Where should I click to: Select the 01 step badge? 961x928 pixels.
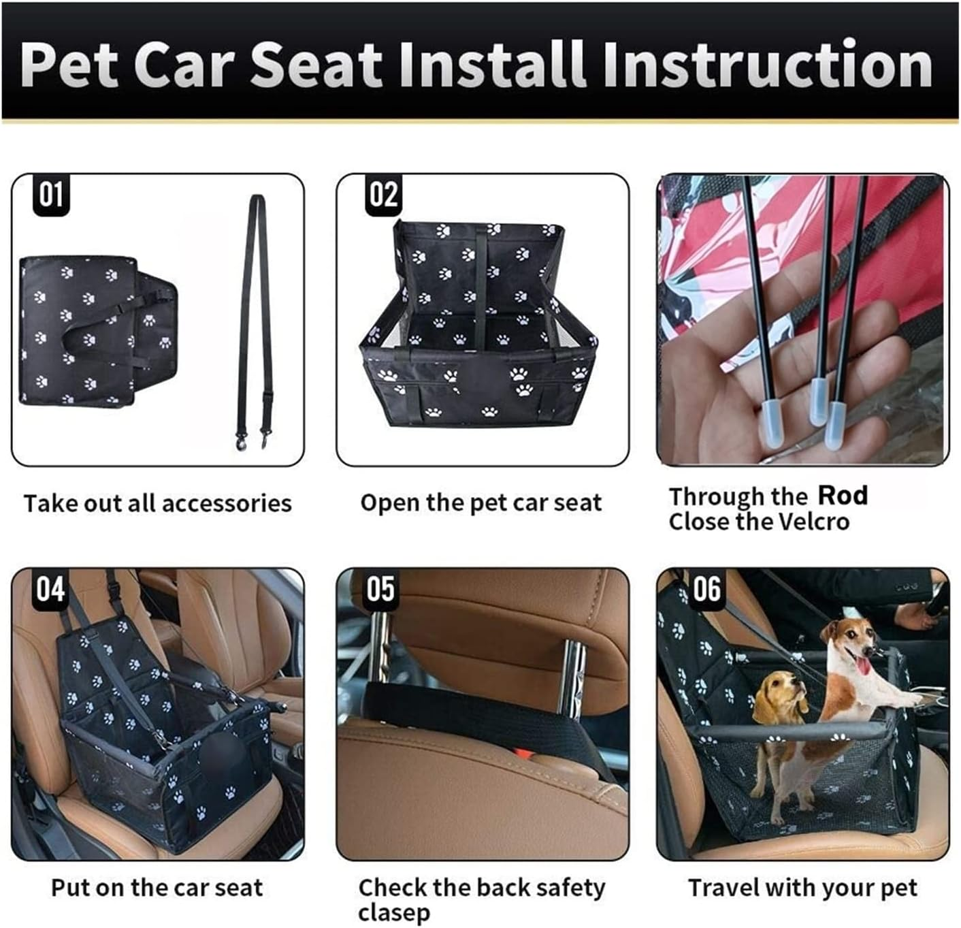(51, 195)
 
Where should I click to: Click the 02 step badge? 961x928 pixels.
(383, 195)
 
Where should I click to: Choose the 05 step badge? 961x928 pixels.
(380, 588)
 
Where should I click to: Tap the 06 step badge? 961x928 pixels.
(706, 588)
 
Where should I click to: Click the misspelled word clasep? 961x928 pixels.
(393, 913)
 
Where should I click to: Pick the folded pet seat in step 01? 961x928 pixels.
(95, 332)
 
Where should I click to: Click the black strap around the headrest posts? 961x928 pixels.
(463, 711)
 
